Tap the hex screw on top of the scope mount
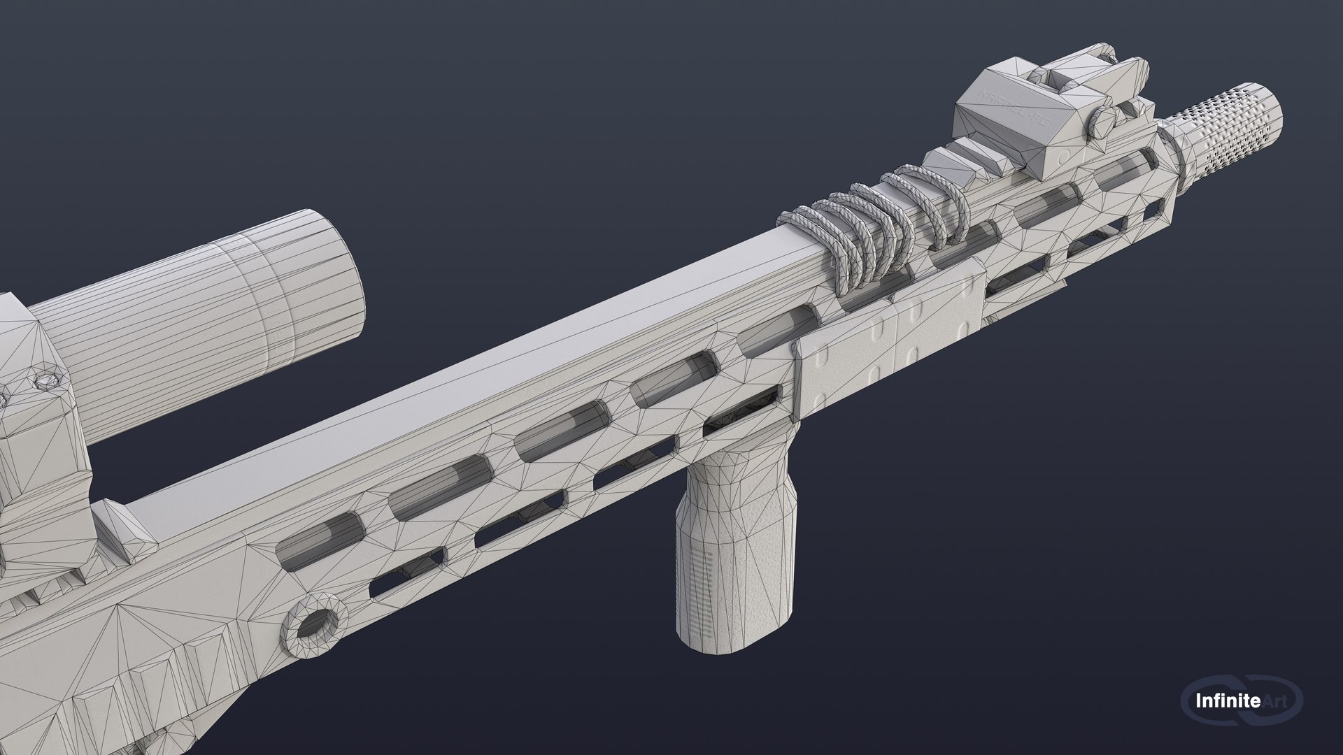pyautogui.click(x=45, y=381)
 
